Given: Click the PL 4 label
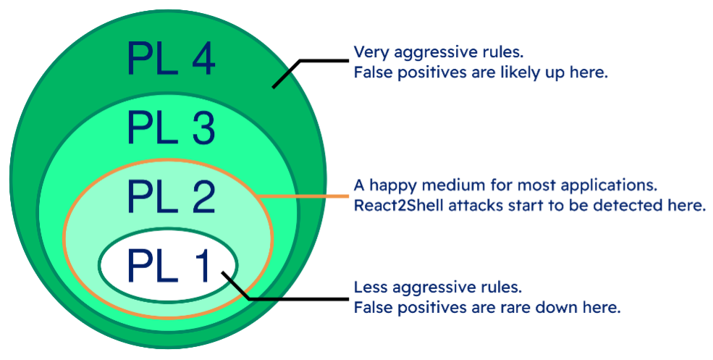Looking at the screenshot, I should click(x=171, y=59).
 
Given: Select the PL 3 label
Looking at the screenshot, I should click(x=171, y=127).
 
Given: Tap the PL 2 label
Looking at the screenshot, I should click(x=171, y=196).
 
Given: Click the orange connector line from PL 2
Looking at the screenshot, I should click(x=304, y=196).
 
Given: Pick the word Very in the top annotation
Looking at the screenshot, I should click(x=368, y=53).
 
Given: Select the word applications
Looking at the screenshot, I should click(x=616, y=185).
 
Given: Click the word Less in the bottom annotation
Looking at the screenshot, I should click(x=369, y=287).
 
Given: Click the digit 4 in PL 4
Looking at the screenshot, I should click(x=202, y=59).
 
